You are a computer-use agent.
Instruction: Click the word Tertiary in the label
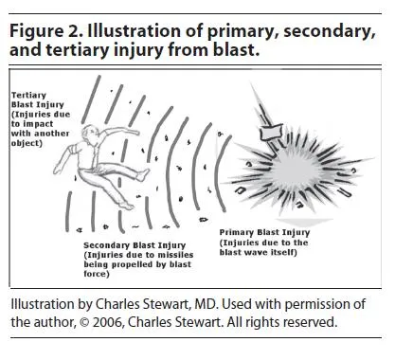tap(30, 96)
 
